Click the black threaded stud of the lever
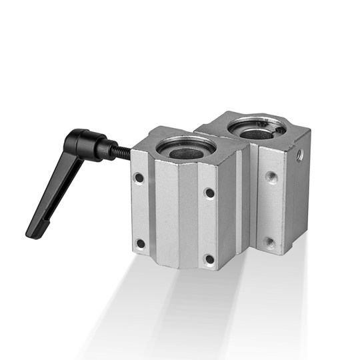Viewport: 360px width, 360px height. [122, 152]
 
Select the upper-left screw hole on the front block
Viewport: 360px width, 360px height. [139, 178]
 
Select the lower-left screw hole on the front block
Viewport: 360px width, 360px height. [140, 243]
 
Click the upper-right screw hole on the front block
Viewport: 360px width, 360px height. [209, 193]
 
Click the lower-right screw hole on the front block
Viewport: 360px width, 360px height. [210, 259]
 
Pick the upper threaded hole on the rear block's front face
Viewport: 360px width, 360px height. [271, 177]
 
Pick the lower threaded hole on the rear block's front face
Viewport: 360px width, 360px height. [269, 242]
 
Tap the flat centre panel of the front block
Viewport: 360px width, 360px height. [175, 213]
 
